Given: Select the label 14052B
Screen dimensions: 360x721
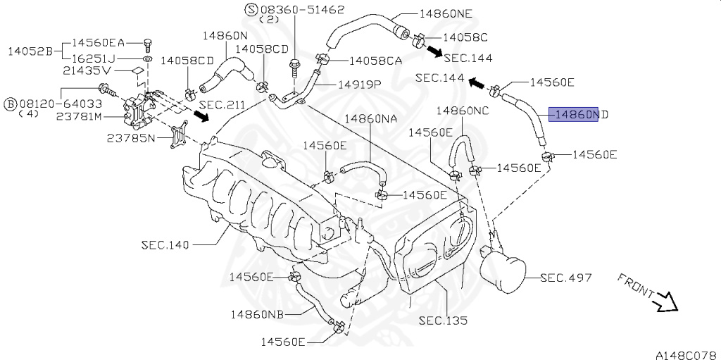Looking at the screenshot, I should coord(30,51).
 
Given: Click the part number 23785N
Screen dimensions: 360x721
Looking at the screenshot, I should coord(131,137).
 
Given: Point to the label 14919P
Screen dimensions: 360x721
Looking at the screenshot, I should coord(359,84).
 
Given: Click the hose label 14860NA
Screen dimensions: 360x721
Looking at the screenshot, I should coord(371,120).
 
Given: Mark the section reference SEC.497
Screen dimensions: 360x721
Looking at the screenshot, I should coord(566,278).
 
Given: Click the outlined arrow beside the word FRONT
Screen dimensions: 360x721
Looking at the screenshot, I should coord(663,304).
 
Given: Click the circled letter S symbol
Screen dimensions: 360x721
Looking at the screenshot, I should coord(251,9).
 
